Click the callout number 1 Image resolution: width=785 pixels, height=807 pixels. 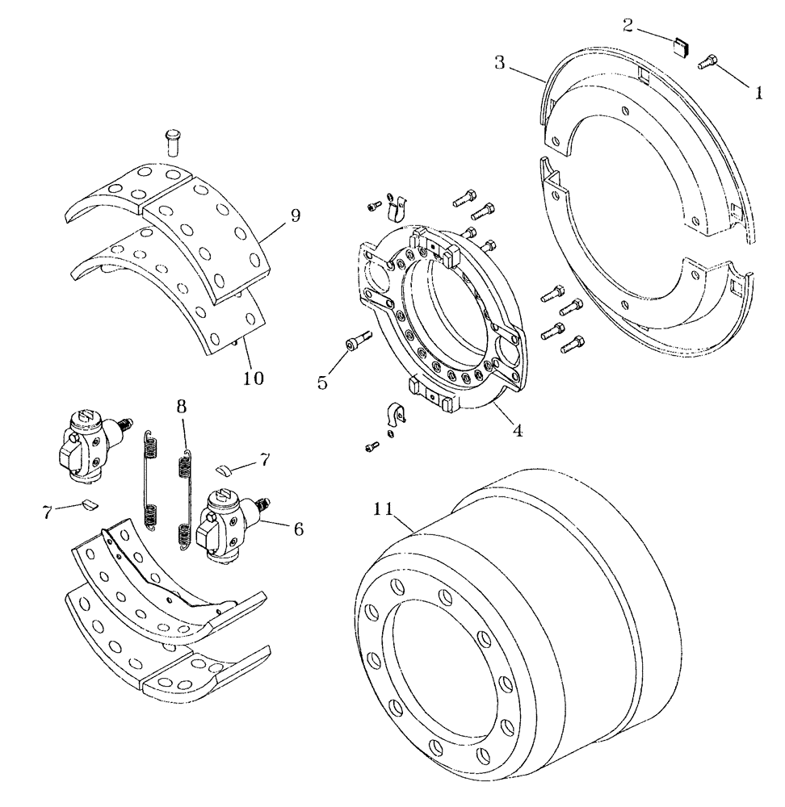[758, 92]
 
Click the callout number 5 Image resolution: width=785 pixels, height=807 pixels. [323, 382]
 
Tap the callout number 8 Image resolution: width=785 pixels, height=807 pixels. [182, 403]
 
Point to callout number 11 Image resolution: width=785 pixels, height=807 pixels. [384, 509]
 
